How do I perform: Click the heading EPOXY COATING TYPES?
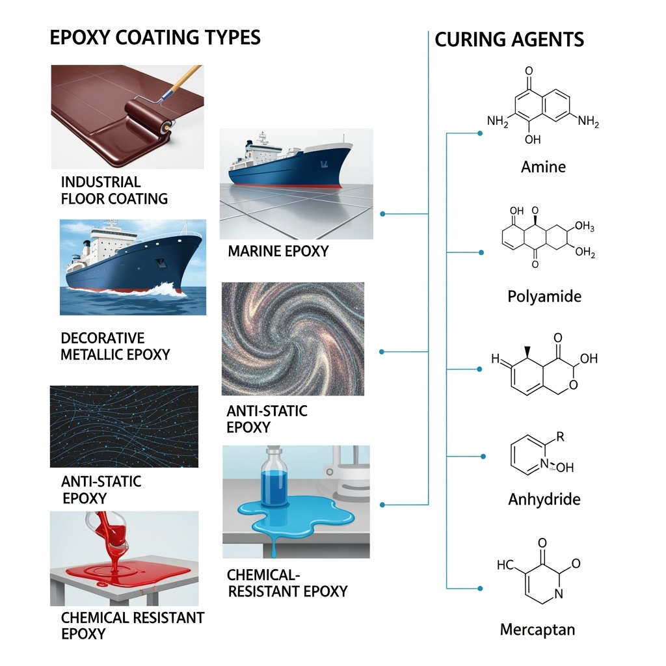pos(155,37)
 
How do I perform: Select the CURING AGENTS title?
pos(509,39)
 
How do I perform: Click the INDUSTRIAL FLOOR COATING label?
pos(114,190)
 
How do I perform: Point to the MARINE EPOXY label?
pos(278,250)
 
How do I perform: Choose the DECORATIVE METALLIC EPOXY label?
pos(115,346)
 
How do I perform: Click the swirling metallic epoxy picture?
pos(293,339)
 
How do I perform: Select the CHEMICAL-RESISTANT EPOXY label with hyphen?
pos(287,583)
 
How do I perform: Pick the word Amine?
pos(543,166)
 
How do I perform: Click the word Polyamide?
pos(544,297)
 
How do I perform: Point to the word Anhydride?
pos(544,499)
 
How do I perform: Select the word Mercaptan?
pos(537,629)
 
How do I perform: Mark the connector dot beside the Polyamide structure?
pos(480,251)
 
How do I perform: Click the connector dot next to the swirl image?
pos(382,352)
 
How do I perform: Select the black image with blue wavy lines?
pos(124,426)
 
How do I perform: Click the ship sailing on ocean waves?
pos(133,267)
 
